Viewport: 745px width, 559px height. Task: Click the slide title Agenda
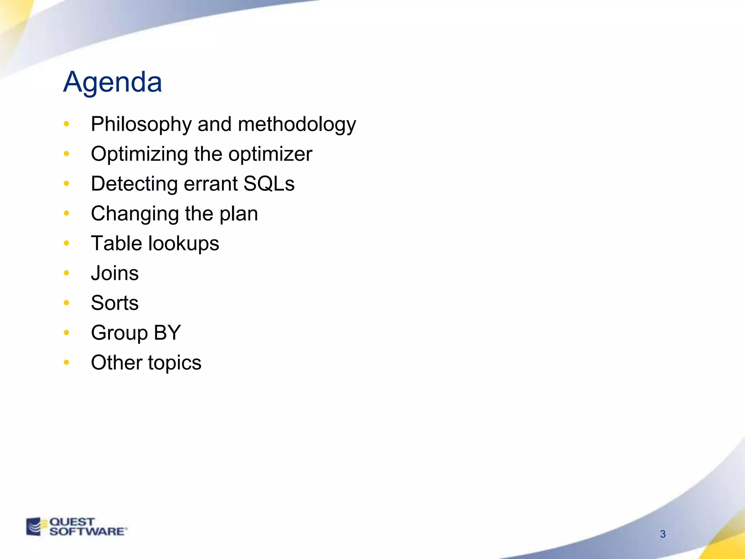pos(112,82)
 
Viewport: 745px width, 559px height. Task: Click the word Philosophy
pos(141,124)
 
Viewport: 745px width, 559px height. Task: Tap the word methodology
pos(297,124)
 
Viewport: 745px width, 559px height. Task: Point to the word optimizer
pos(270,154)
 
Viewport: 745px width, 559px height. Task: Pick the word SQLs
pos(269,183)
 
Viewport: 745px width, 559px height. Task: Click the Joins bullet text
pos(115,273)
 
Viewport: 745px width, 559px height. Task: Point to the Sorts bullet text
pos(115,303)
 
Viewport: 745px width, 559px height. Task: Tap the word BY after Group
pos(167,333)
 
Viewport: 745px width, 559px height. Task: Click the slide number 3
pos(663,534)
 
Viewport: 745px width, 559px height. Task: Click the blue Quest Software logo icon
pos(35,527)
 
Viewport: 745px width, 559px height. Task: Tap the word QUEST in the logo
pos(72,522)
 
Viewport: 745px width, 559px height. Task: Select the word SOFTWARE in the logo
pos(87,531)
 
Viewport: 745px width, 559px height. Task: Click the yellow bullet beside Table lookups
pos(66,243)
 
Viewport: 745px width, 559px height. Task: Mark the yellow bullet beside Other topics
pos(66,362)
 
